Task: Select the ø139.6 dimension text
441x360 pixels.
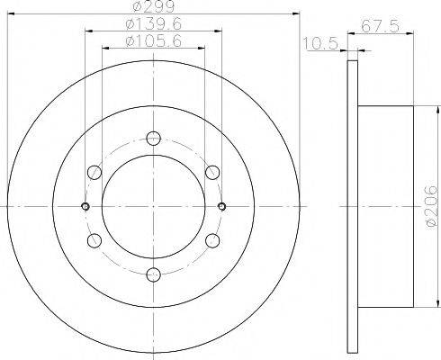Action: click(154, 24)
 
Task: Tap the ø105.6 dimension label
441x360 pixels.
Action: click(154, 40)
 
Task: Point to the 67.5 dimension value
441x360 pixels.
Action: click(381, 26)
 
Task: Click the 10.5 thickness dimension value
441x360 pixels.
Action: click(321, 43)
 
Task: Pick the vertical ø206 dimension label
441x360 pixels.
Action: click(432, 205)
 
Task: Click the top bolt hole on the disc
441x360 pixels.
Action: click(154, 139)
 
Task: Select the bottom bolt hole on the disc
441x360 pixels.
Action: click(154, 274)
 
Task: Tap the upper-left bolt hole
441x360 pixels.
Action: click(94, 172)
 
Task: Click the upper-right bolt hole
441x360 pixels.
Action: click(212, 172)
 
